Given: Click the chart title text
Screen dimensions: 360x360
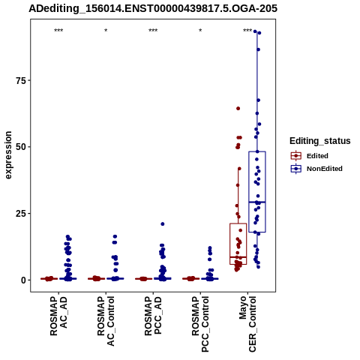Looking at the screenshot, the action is [153, 8].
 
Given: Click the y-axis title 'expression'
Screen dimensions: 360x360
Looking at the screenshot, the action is [8, 155].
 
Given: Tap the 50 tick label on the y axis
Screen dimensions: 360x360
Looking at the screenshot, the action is [21, 147].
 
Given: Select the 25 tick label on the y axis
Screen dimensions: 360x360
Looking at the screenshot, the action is [21, 214].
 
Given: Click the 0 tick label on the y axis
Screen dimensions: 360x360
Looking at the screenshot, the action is [24, 280].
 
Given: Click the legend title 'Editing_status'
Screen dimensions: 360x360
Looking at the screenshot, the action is [320, 141].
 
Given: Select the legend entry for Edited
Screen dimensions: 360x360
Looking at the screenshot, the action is [310, 156].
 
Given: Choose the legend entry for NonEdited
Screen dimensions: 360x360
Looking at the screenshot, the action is [316, 169].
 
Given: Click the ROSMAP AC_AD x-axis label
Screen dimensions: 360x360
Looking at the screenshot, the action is [58, 316].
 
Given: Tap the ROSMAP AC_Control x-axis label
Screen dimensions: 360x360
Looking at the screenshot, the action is [106, 321].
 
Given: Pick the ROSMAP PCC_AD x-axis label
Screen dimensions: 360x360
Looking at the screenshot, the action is [153, 316].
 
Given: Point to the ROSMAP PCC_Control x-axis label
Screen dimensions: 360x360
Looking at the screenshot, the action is [200, 324].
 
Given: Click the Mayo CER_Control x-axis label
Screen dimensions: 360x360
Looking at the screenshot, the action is [247, 324].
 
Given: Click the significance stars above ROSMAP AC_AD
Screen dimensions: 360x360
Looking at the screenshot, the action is [58, 31].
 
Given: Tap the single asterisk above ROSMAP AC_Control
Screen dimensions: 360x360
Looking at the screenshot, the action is [106, 31].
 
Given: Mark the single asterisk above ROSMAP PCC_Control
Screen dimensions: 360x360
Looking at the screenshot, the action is [200, 31].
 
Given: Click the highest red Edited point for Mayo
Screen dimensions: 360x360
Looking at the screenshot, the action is [238, 109].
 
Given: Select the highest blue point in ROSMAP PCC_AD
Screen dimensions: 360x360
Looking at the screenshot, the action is [163, 224].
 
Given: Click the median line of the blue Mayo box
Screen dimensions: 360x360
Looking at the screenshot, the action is [257, 202].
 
